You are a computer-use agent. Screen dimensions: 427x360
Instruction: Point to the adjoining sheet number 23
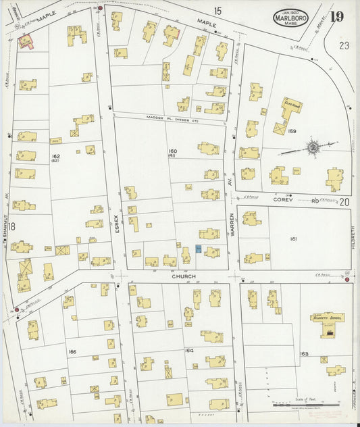[344, 46]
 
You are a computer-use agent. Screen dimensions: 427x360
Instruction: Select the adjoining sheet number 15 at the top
[217, 11]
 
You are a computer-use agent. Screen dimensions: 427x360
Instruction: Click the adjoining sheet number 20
[344, 201]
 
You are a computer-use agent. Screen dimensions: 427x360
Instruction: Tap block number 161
[294, 238]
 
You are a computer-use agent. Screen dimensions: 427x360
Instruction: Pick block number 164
[189, 351]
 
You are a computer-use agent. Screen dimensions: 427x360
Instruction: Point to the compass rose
[313, 146]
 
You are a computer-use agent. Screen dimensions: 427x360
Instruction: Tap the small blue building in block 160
[198, 249]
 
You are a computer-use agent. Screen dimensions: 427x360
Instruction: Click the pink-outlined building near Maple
[26, 42]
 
